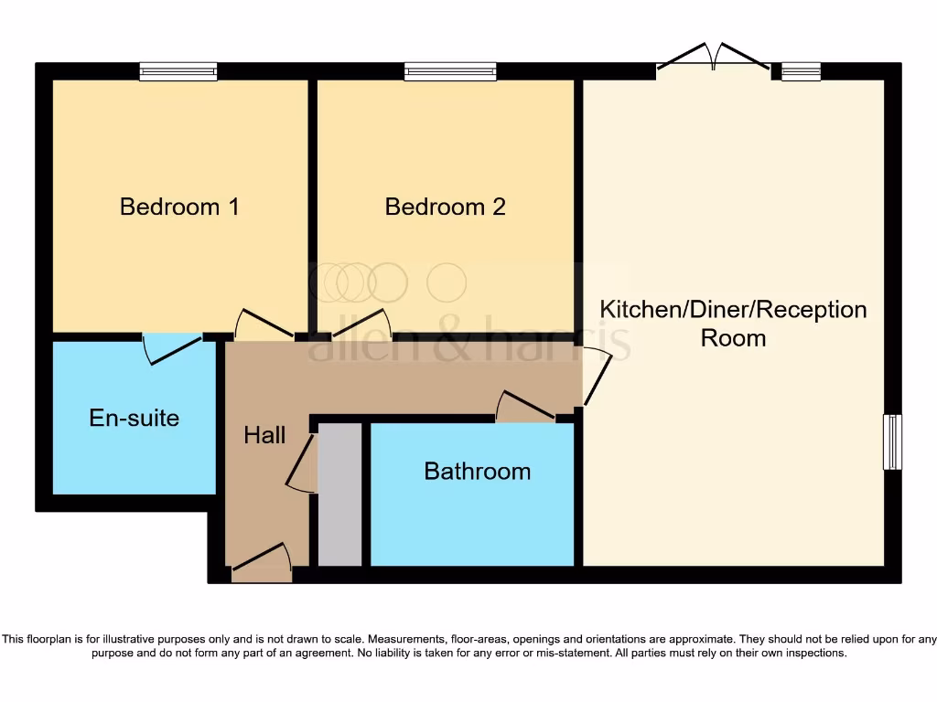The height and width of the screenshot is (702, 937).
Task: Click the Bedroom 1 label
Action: click(x=179, y=207)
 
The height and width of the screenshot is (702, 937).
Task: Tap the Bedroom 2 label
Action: click(x=445, y=207)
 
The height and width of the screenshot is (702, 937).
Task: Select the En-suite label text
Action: click(x=134, y=419)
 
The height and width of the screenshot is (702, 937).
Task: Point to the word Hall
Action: click(x=264, y=435)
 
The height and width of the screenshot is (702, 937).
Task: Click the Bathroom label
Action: click(x=477, y=472)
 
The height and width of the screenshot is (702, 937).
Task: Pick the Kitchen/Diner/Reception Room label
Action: click(x=733, y=323)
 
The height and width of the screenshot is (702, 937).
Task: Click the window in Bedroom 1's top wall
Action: click(x=178, y=71)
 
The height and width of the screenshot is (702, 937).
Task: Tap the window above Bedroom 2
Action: click(x=450, y=71)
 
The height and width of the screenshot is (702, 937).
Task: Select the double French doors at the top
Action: click(x=714, y=58)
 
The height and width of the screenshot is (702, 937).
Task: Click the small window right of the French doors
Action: click(x=802, y=71)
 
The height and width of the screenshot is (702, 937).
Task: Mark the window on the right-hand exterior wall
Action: click(x=892, y=442)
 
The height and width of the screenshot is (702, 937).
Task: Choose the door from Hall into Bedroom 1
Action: click(x=264, y=325)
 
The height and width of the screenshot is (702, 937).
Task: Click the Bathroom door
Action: click(x=526, y=408)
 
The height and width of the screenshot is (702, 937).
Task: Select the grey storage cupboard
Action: click(x=339, y=494)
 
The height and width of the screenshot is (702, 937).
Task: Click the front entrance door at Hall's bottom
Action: click(x=262, y=562)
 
